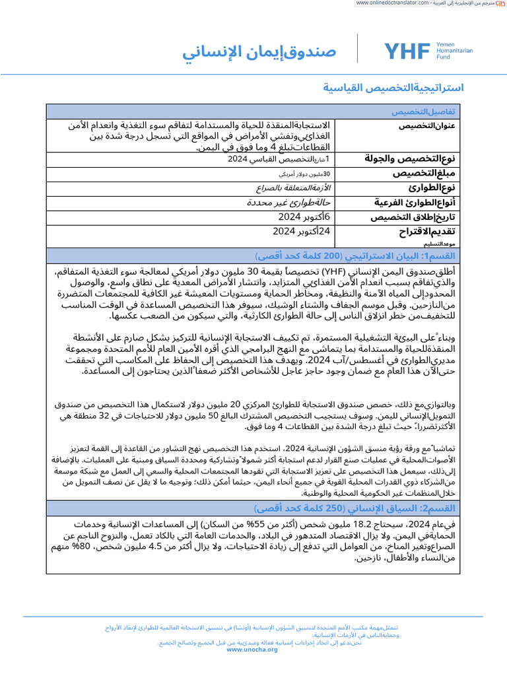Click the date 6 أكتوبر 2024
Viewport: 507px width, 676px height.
pos(304,217)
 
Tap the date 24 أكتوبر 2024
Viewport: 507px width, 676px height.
pos(301,231)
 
